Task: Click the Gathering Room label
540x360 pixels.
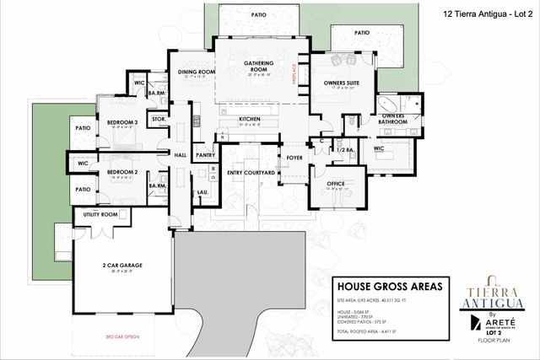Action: (257, 67)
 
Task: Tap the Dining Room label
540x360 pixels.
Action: (197, 73)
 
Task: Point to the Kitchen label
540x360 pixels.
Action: (250, 120)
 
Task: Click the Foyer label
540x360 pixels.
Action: (294, 157)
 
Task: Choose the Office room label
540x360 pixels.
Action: (335, 183)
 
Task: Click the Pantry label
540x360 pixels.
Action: (205, 156)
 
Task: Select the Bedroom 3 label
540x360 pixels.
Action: (122, 123)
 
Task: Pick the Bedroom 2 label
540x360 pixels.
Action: (122, 173)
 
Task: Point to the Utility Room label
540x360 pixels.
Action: (100, 214)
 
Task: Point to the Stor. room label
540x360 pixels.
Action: (157, 120)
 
